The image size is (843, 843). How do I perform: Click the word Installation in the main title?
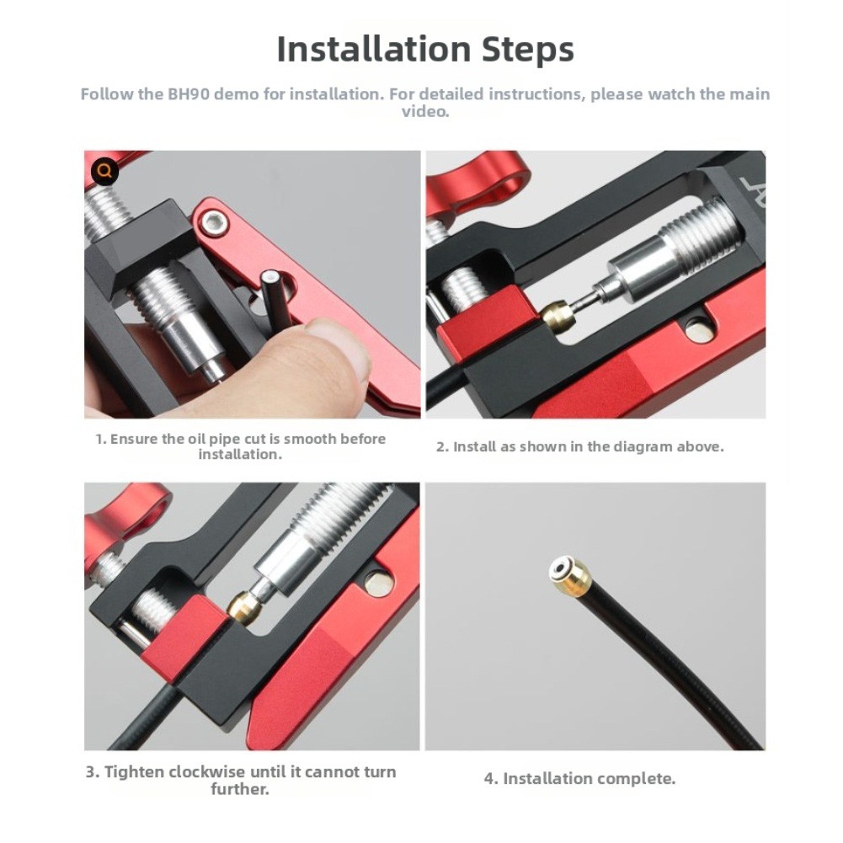pyautogui.click(x=374, y=49)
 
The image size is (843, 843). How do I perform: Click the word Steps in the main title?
pyautogui.click(x=528, y=50)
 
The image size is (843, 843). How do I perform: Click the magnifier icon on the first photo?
pyautogui.click(x=104, y=172)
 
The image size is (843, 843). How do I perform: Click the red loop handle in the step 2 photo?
pyautogui.click(x=478, y=187)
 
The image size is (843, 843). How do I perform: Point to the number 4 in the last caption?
pyautogui.click(x=488, y=779)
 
